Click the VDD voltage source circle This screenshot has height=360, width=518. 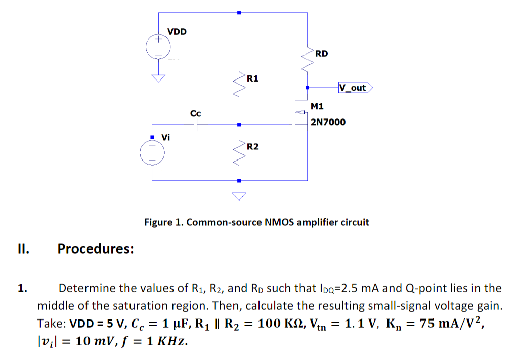tap(158, 47)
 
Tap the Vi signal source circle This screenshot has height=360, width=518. tap(152, 152)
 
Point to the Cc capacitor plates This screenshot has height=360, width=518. tap(195, 125)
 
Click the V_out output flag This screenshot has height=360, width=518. tap(356, 88)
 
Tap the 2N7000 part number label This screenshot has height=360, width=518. tap(328, 122)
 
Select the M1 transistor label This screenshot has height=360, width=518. tap(317, 106)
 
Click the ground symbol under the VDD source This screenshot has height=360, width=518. tap(158, 78)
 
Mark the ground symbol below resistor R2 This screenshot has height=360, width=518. tap(239, 196)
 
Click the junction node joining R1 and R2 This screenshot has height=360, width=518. tap(239, 125)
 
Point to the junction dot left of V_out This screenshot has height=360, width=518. tap(307, 88)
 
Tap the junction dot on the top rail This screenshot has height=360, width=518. tap(239, 13)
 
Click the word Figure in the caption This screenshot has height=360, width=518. tap(158, 222)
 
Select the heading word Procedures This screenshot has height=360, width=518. tap(96, 249)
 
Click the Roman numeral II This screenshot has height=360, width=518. tap(23, 249)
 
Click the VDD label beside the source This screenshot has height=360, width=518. tap(177, 32)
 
